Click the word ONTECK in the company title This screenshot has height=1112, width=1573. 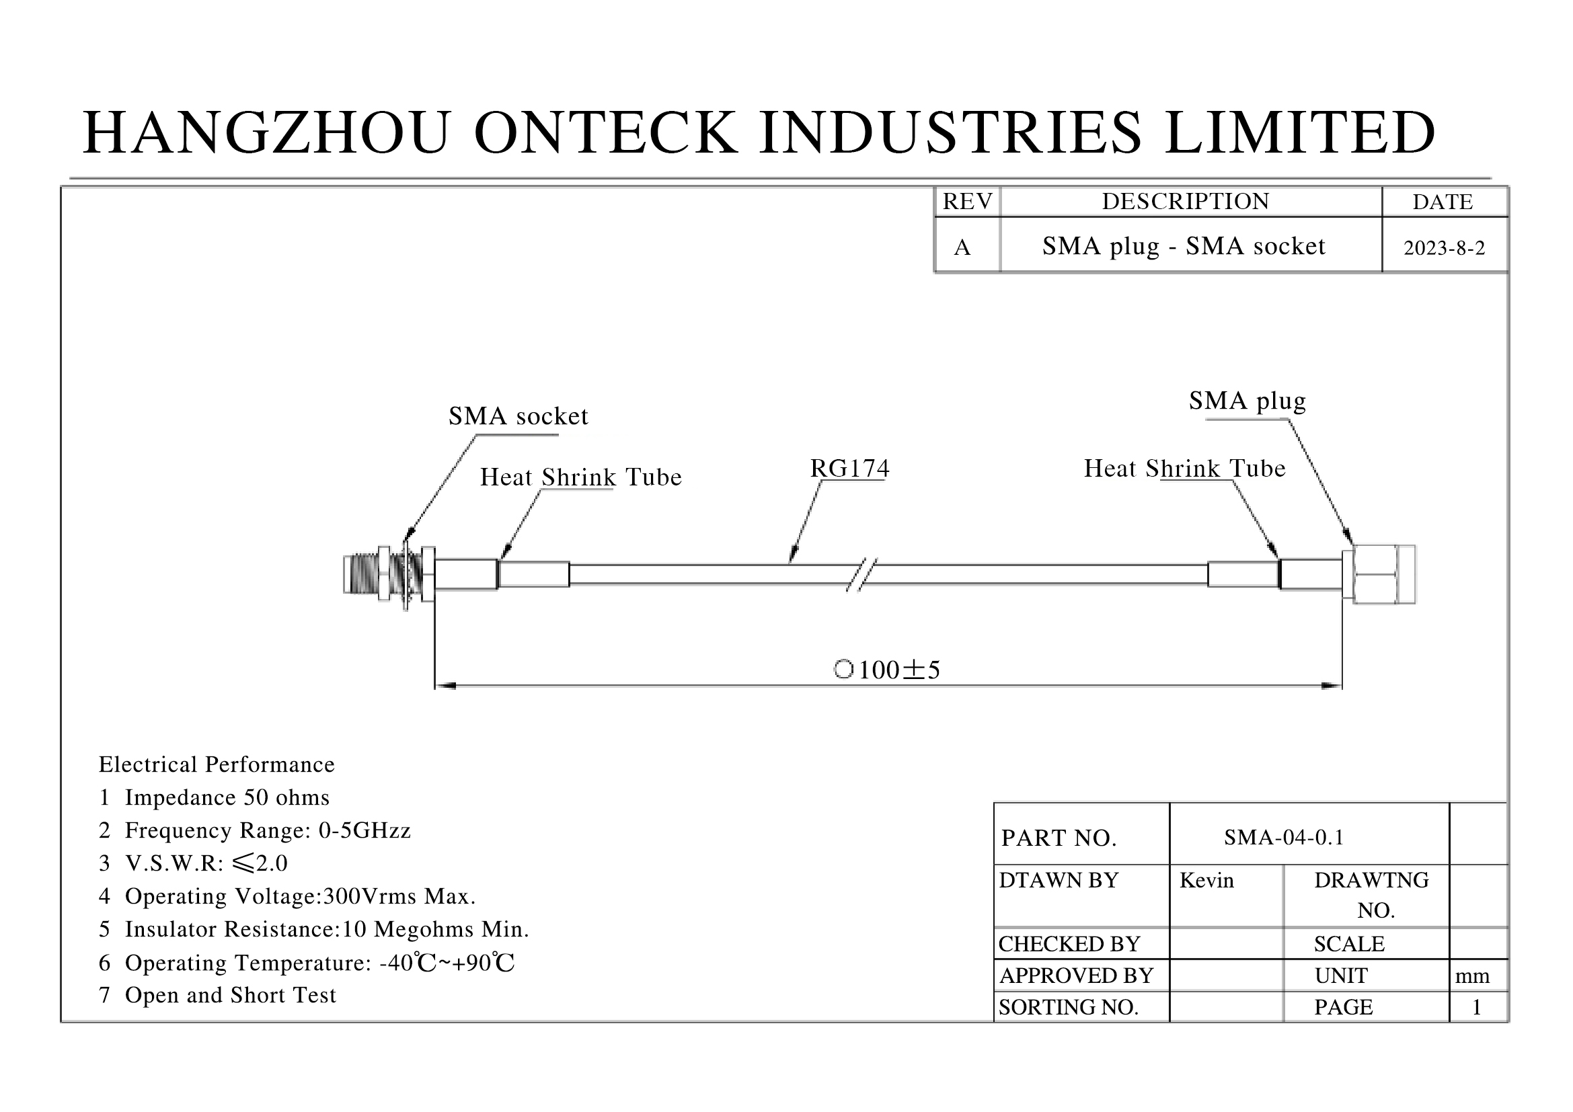click(606, 132)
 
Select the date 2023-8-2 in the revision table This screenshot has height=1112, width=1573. click(1444, 248)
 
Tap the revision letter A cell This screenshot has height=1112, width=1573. click(962, 247)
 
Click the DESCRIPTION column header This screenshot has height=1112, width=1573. click(1185, 202)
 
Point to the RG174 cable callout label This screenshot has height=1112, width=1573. click(849, 469)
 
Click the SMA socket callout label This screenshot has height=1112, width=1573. click(518, 416)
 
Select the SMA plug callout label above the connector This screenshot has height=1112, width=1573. click(1247, 401)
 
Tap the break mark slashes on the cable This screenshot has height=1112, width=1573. click(862, 575)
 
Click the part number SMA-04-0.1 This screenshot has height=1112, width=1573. click(1284, 838)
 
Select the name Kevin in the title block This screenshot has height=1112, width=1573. click(1206, 881)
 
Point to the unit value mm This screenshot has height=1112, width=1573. click(1472, 976)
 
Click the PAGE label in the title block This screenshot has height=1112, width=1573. click(1343, 1007)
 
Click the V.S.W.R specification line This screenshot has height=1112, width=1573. click(193, 863)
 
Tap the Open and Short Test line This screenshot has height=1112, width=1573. click(218, 995)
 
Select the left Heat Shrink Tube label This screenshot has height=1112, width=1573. click(580, 477)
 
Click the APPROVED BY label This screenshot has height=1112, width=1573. click(1075, 976)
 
